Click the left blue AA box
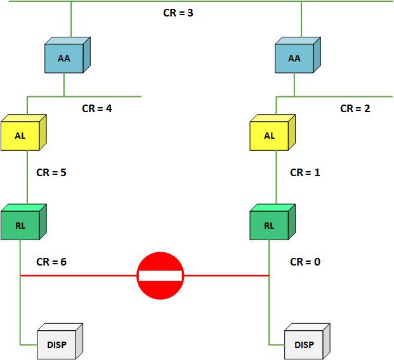64,58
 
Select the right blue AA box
294,58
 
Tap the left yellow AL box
20,135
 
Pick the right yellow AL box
270,135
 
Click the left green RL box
20,224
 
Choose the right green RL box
270,224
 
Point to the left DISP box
56,344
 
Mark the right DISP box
304,344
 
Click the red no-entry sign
160,276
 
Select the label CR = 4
97,108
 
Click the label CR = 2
355,108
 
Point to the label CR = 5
51,172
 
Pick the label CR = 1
305,172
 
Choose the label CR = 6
51,261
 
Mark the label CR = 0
305,261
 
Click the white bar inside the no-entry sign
160,276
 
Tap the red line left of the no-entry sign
76,276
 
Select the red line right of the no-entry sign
225,276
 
